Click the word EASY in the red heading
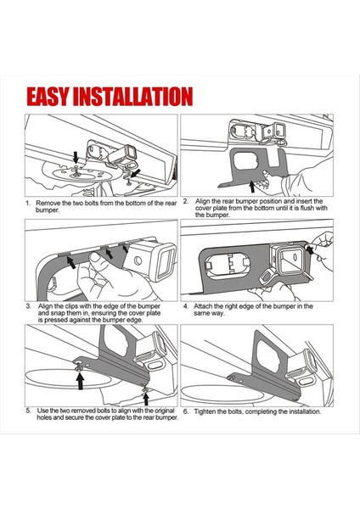click(48, 97)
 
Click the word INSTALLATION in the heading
click(133, 97)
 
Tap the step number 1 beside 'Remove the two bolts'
click(28, 204)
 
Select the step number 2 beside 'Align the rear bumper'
click(185, 201)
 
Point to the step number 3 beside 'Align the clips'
click(29, 306)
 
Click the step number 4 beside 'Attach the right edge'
click(186, 306)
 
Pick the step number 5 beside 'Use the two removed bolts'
click(29, 411)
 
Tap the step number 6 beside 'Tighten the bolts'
click(186, 411)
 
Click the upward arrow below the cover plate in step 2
click(251, 187)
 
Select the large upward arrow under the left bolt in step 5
click(81, 381)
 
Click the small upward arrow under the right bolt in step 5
click(146, 399)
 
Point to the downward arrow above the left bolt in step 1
click(76, 157)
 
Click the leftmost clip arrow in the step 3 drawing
click(71, 262)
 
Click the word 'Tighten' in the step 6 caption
click(205, 411)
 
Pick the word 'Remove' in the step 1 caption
click(48, 204)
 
